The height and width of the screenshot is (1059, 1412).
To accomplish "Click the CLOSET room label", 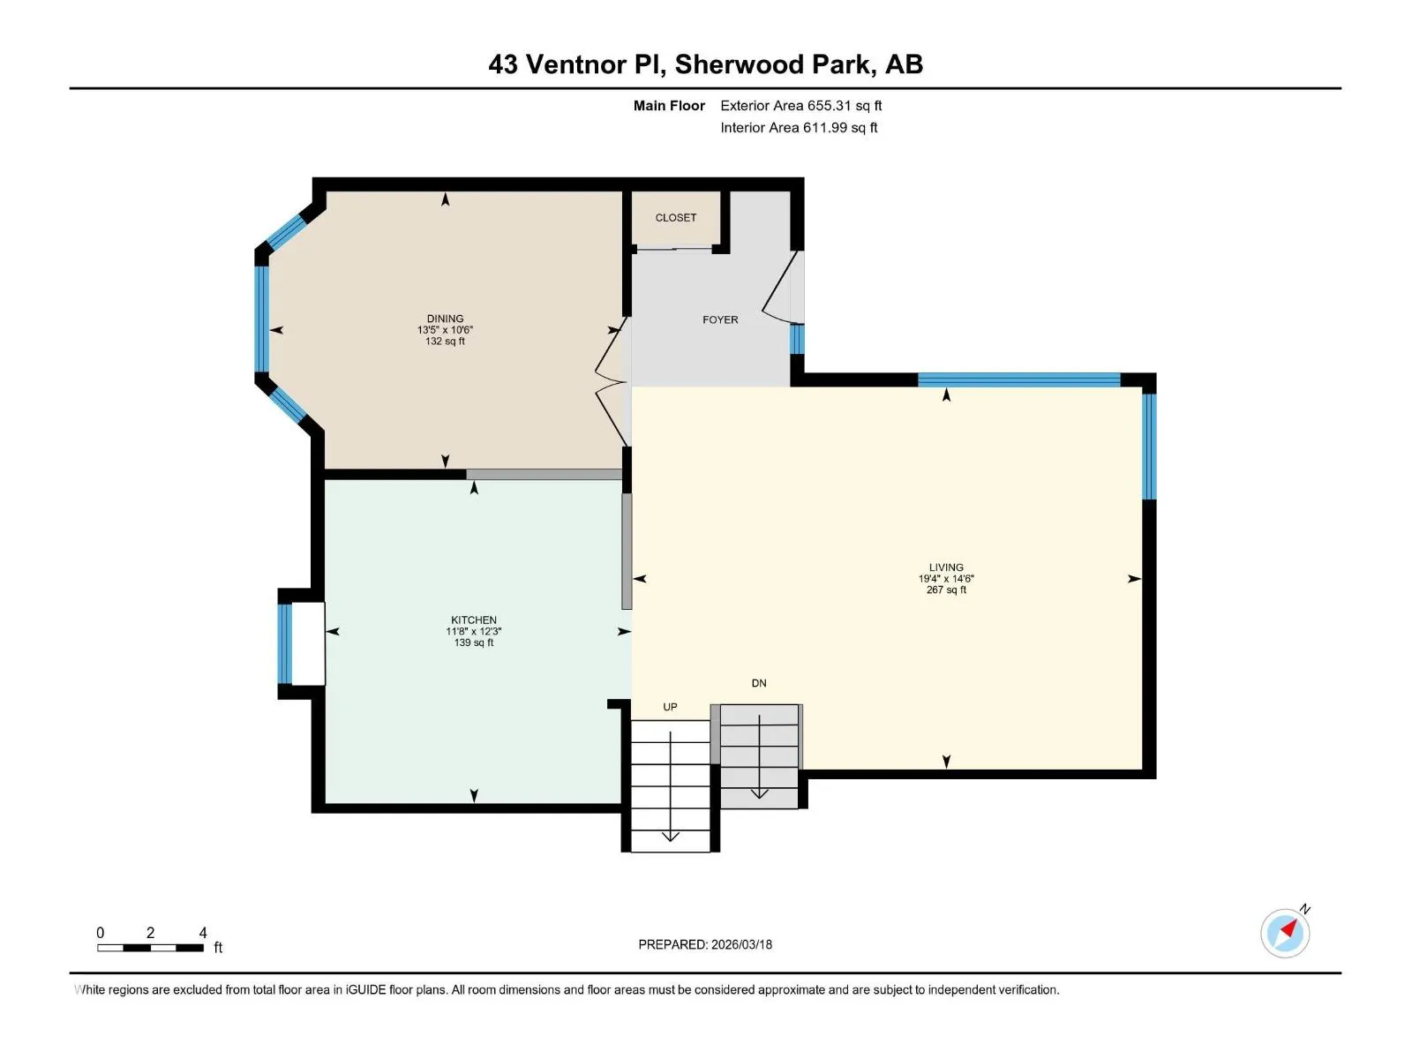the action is (x=675, y=218).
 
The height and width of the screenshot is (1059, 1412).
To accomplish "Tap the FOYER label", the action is (x=720, y=319).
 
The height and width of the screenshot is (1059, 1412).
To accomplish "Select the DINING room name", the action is (x=445, y=319).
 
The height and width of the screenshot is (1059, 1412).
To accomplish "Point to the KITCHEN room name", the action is (x=473, y=620).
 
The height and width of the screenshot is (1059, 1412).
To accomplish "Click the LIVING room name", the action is (x=946, y=567).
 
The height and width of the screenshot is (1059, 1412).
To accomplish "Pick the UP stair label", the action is (x=670, y=707).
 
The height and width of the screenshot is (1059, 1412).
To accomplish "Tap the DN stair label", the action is (x=758, y=683).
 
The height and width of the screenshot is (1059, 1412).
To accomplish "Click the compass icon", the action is (x=1285, y=933).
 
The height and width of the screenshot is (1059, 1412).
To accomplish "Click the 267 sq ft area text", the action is (x=946, y=590).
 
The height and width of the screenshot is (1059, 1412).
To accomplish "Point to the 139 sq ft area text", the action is (x=473, y=642).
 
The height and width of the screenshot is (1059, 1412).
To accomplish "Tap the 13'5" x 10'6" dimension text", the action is (x=445, y=330).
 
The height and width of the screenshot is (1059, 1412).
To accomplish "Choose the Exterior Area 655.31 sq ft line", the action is (x=801, y=106).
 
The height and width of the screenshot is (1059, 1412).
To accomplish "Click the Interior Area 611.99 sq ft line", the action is (x=799, y=128).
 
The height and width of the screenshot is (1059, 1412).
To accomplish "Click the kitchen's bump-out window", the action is (x=284, y=643).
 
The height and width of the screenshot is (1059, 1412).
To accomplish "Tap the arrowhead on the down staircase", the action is (x=759, y=793).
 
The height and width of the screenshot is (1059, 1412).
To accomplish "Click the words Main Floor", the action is (x=669, y=106).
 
